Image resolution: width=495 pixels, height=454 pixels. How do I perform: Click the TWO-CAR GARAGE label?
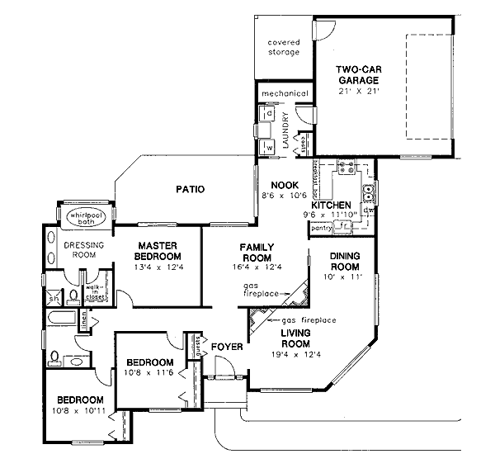pos(357,74)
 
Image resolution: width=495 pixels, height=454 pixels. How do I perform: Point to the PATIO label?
pos(190,190)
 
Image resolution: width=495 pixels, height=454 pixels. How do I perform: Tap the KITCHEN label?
pos(332,205)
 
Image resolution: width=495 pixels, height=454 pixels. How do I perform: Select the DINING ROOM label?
pos(345,261)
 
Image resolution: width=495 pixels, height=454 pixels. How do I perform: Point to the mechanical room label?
pos(285,93)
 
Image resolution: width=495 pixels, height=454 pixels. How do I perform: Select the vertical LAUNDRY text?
pos(285,130)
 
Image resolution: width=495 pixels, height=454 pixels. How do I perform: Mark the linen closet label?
pos(84,320)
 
